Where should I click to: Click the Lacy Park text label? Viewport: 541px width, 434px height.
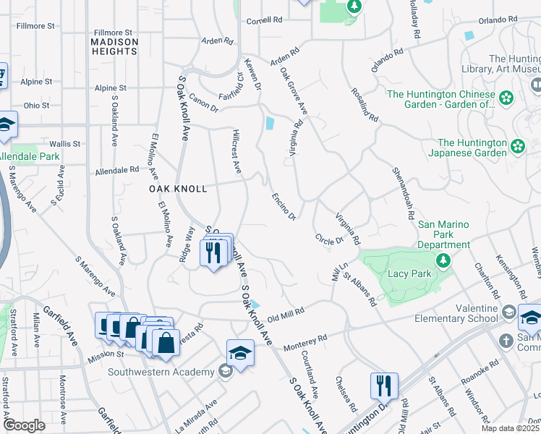tap(410, 273)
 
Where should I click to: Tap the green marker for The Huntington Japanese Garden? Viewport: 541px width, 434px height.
tap(518, 147)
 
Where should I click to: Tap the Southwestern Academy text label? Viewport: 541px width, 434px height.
tap(161, 373)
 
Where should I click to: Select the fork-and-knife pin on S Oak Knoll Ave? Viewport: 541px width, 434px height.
tap(213, 253)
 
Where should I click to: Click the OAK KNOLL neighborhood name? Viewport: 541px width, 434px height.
tap(178, 189)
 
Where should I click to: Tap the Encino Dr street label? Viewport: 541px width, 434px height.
tap(284, 206)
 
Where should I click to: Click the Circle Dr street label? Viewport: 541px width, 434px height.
tap(328, 239)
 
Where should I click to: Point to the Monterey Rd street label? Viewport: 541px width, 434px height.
tap(305, 341)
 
